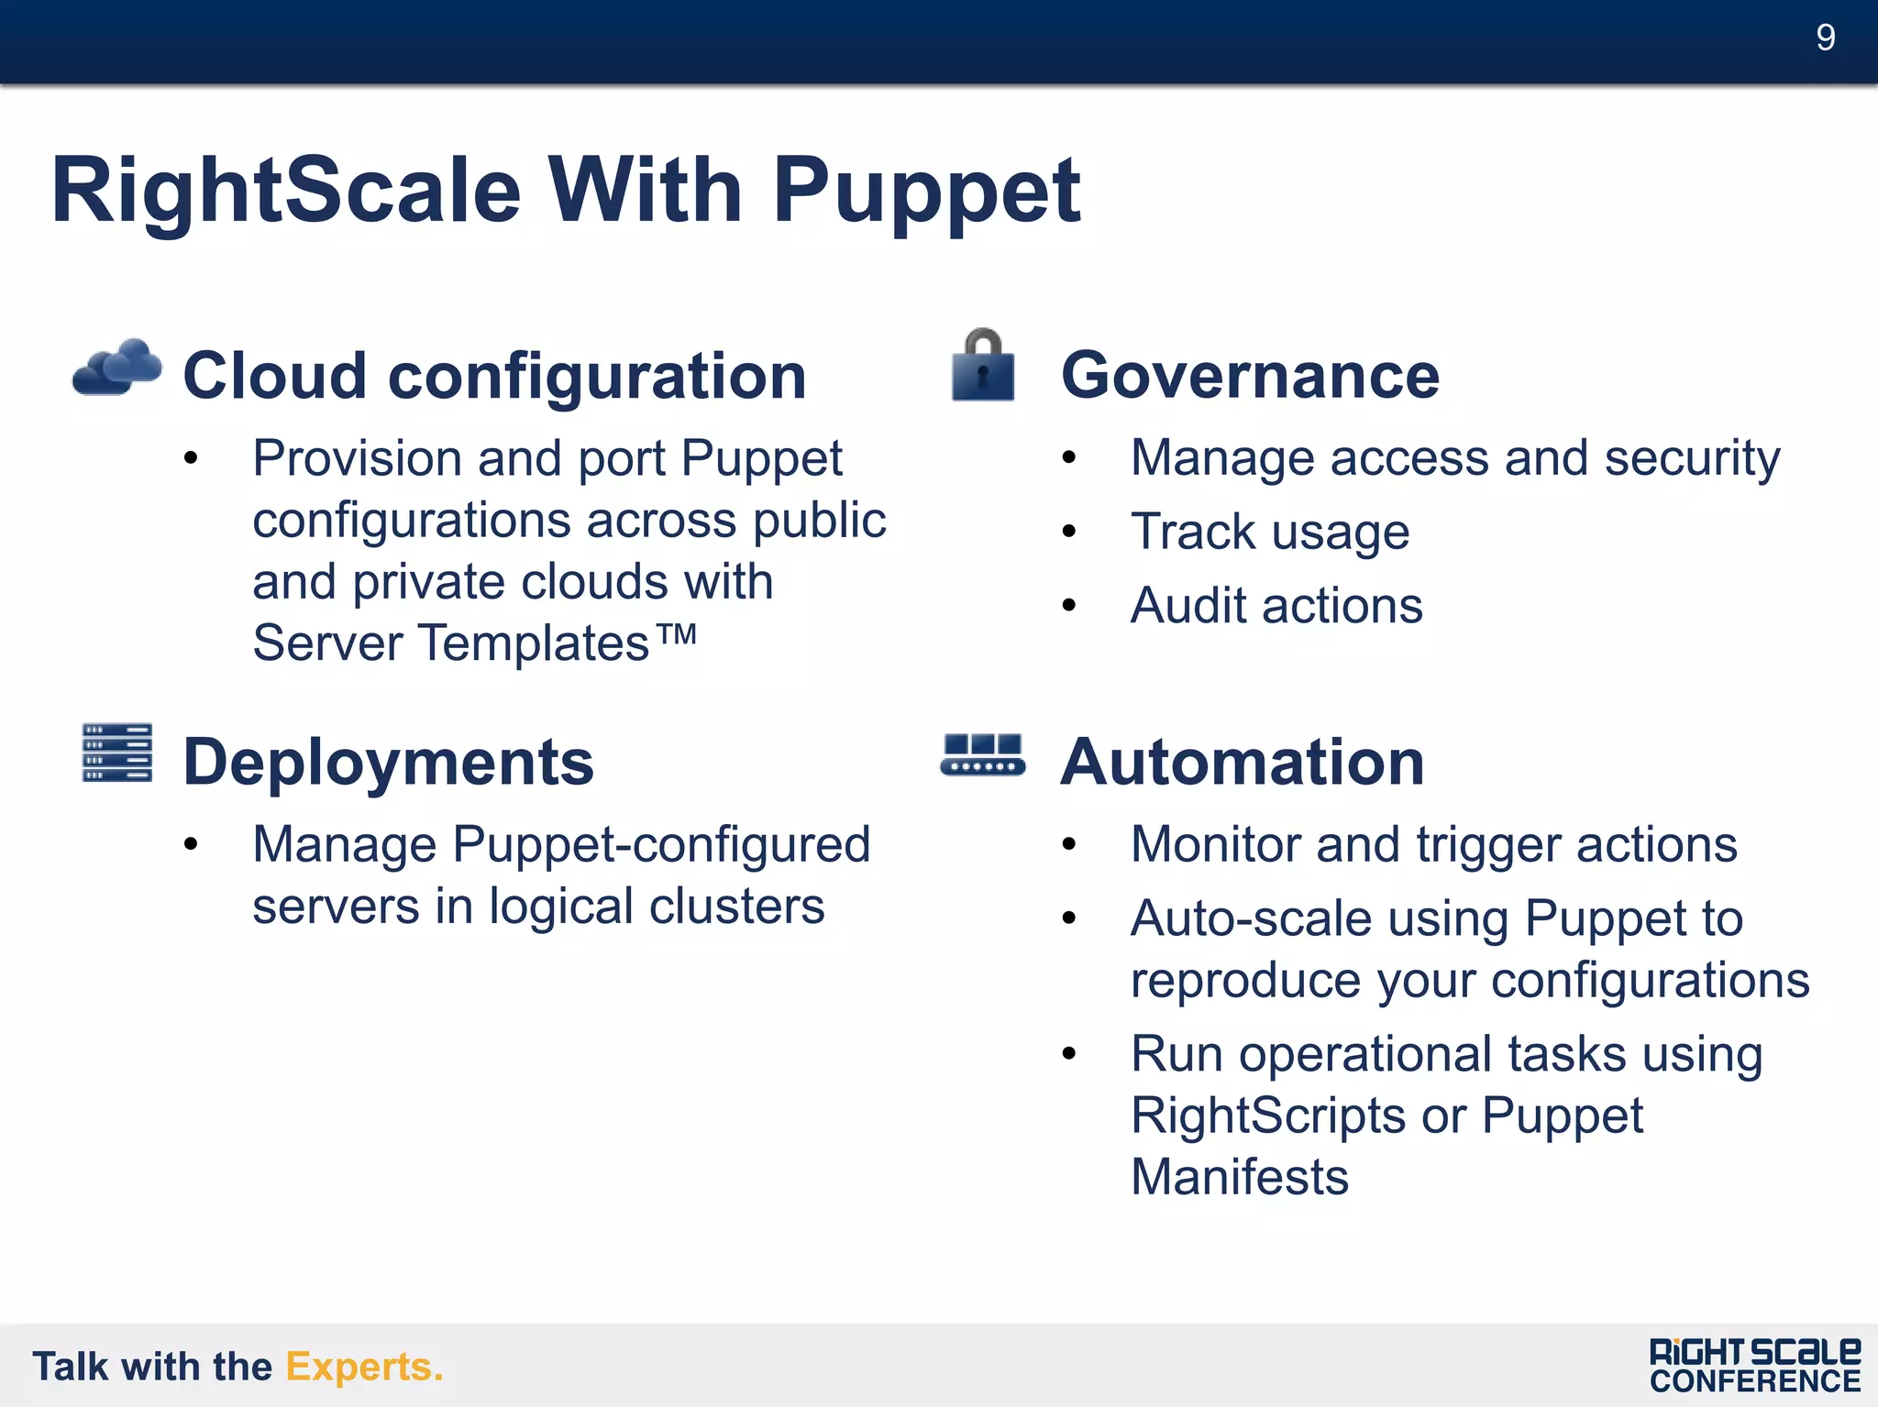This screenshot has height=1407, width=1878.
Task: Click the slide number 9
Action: [x=1825, y=38]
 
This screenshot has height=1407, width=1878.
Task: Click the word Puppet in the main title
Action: [x=926, y=192]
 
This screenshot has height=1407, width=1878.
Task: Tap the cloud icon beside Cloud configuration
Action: [x=117, y=368]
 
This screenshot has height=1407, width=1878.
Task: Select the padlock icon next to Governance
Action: [x=983, y=366]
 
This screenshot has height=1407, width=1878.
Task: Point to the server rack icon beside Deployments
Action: [x=116, y=753]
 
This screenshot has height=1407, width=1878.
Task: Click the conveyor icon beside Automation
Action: [x=983, y=755]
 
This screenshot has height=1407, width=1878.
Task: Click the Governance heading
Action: [x=1250, y=376]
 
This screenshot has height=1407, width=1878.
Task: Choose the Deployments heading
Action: [x=388, y=762]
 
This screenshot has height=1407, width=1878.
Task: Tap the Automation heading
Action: [x=1242, y=762]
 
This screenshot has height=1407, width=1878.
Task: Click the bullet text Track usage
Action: [x=1269, y=533]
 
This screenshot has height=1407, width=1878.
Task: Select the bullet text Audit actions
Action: [x=1276, y=606]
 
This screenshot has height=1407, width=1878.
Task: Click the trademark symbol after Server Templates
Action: [x=678, y=633]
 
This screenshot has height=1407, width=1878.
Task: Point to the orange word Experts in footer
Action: [x=363, y=1367]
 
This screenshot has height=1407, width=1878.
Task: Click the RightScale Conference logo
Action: [x=1754, y=1366]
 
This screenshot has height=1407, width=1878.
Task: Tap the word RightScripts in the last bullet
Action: [x=1267, y=1116]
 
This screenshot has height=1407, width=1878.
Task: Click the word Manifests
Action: [x=1239, y=1177]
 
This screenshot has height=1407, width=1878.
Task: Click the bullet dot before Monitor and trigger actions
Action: [x=1068, y=844]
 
